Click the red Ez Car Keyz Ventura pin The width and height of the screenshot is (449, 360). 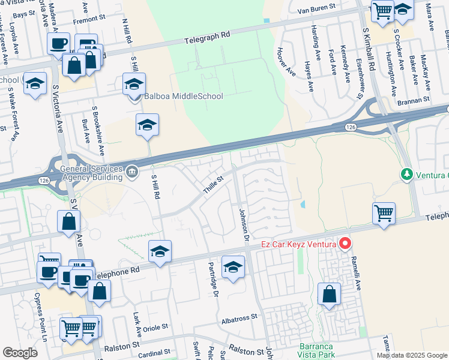(x=345, y=244)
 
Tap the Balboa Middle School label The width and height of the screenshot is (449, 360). (x=183, y=96)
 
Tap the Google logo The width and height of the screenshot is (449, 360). (x=20, y=353)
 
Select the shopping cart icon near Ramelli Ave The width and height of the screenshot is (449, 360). (x=384, y=212)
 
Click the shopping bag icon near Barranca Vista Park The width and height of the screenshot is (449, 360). (x=329, y=293)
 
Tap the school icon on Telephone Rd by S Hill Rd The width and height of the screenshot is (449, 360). (x=160, y=251)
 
